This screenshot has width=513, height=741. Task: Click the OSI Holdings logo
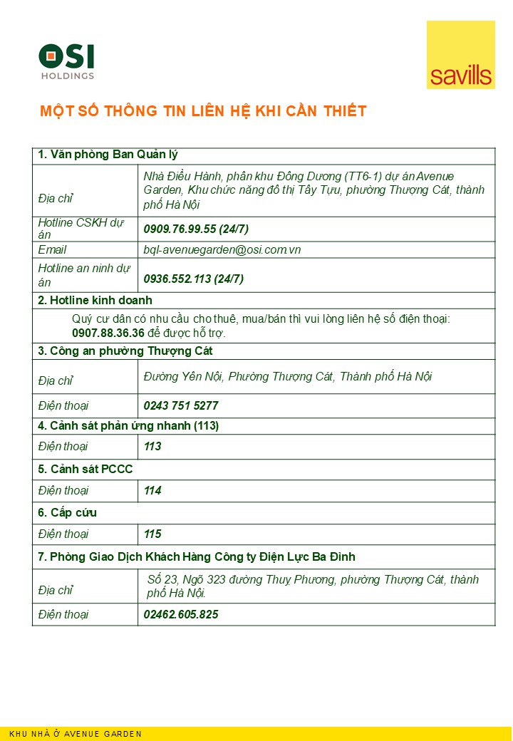click(66, 61)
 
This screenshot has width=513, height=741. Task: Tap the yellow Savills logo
click(460, 55)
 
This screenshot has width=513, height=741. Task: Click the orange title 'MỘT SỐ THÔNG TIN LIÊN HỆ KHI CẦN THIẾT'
click(203, 111)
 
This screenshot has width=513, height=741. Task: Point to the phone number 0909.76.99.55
click(179, 229)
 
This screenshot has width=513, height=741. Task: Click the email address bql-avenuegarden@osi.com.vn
click(222, 249)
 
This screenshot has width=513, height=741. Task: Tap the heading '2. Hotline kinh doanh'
click(95, 300)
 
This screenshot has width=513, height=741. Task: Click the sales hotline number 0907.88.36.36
click(108, 333)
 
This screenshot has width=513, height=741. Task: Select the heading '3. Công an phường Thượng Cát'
click(125, 351)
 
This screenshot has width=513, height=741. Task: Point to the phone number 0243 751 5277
click(181, 405)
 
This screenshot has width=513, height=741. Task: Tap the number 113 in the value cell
click(152, 447)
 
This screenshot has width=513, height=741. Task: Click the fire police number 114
click(152, 490)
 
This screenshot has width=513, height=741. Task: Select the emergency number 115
click(152, 534)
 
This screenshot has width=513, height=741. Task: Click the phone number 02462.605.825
click(181, 614)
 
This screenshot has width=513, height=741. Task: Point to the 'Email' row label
click(52, 249)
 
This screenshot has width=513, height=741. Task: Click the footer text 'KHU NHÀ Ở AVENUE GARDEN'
click(76, 734)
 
